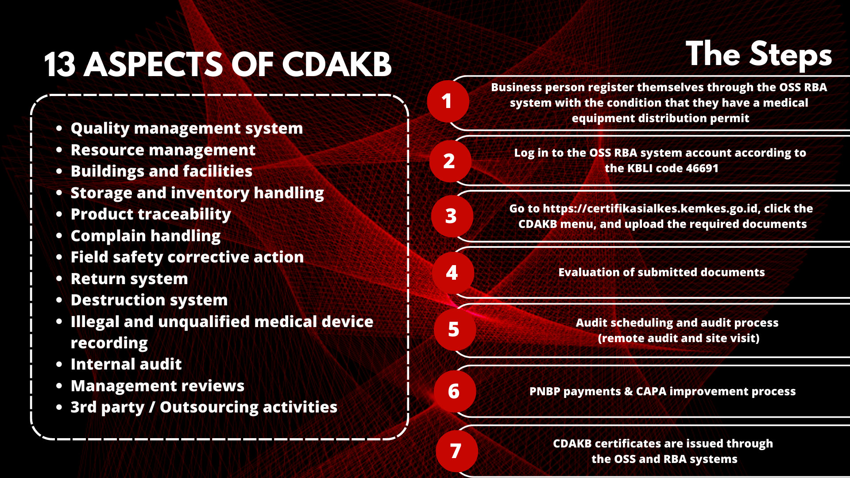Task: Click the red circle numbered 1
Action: (x=448, y=101)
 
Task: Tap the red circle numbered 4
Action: (x=453, y=273)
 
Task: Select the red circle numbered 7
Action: (x=457, y=451)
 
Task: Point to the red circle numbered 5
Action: (x=455, y=330)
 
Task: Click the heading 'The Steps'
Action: (x=759, y=54)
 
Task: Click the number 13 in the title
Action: (x=60, y=65)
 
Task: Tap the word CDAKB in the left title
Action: (x=336, y=65)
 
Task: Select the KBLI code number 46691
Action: (x=702, y=168)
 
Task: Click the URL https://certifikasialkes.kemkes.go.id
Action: (x=650, y=208)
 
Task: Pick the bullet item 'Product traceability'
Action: (x=151, y=214)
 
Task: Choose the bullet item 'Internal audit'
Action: (x=126, y=364)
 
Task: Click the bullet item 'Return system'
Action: (x=129, y=279)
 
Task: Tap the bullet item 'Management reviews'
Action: (x=158, y=386)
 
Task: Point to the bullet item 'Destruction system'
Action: (x=149, y=300)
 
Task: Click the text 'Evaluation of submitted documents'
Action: (x=661, y=272)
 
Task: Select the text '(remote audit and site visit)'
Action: (x=679, y=338)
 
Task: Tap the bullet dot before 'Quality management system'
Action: (x=59, y=128)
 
